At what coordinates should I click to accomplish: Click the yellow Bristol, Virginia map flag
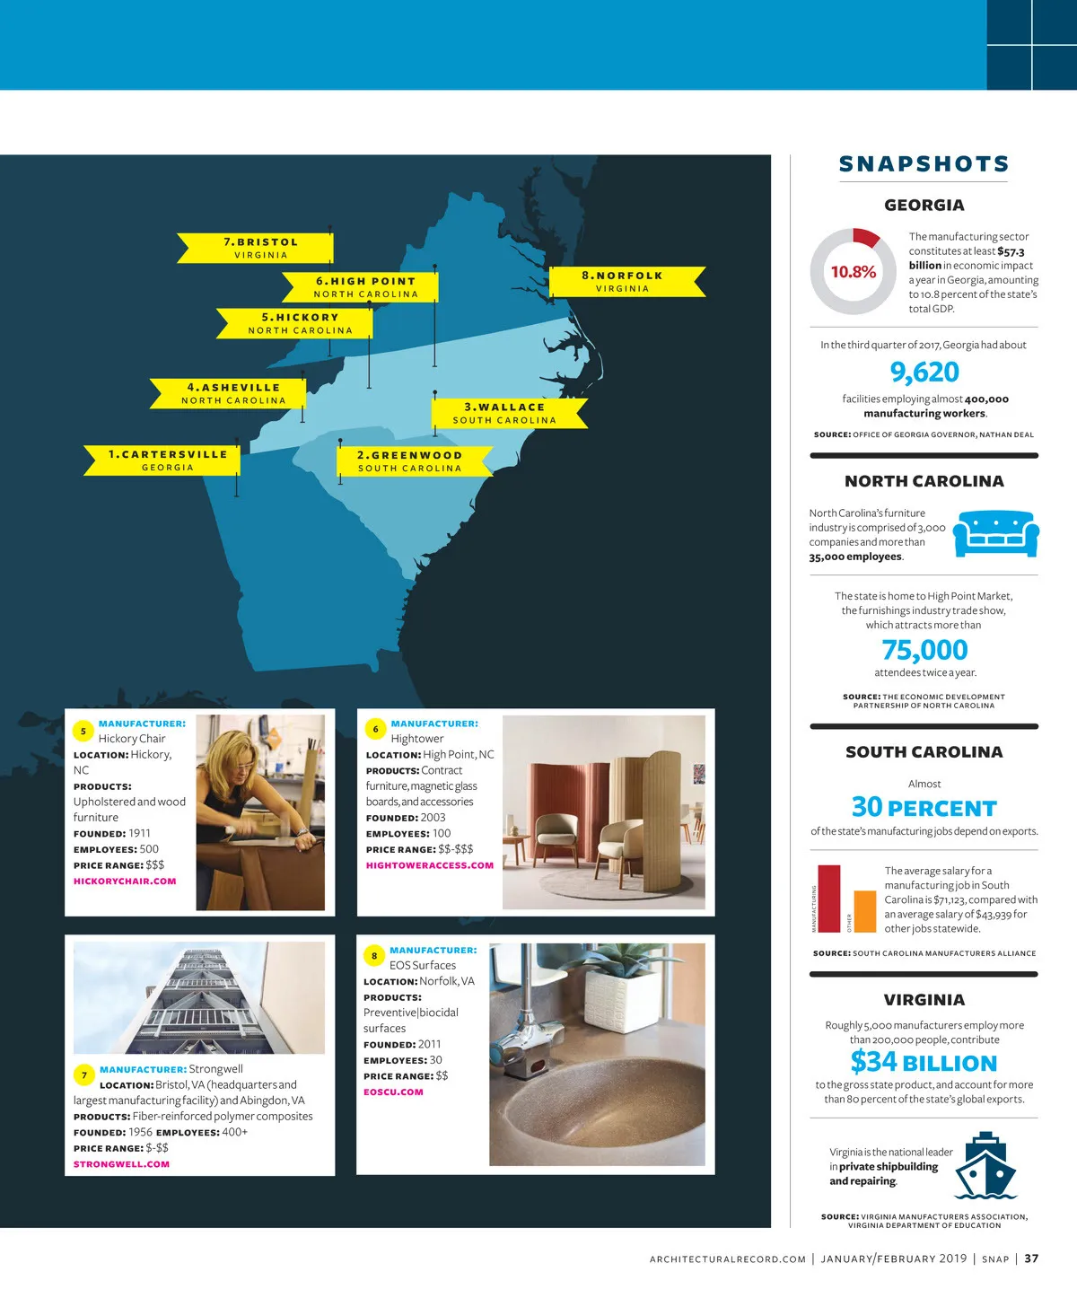(x=258, y=248)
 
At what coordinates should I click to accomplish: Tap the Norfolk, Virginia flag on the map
(x=625, y=281)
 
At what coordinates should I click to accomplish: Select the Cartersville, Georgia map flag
(x=167, y=460)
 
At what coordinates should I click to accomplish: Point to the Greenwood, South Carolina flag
(x=411, y=460)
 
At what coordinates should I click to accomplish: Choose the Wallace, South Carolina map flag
(x=505, y=413)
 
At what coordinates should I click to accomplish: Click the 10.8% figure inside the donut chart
(x=853, y=272)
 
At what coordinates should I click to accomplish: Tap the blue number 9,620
(x=924, y=372)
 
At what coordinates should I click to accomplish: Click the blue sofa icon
(x=995, y=533)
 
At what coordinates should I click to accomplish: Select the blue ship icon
(x=985, y=1166)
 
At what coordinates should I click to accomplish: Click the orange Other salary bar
(x=864, y=911)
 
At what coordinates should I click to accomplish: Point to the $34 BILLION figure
(x=924, y=1062)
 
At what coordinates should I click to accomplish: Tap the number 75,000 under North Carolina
(x=924, y=650)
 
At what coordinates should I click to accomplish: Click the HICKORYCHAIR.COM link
(x=125, y=881)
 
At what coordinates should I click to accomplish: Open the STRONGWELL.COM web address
(x=121, y=1164)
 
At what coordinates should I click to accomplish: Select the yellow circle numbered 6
(x=376, y=729)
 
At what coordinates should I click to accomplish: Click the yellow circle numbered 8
(x=374, y=956)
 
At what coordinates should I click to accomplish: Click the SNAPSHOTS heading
(x=924, y=164)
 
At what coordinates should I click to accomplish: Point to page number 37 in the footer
(x=1031, y=1259)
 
